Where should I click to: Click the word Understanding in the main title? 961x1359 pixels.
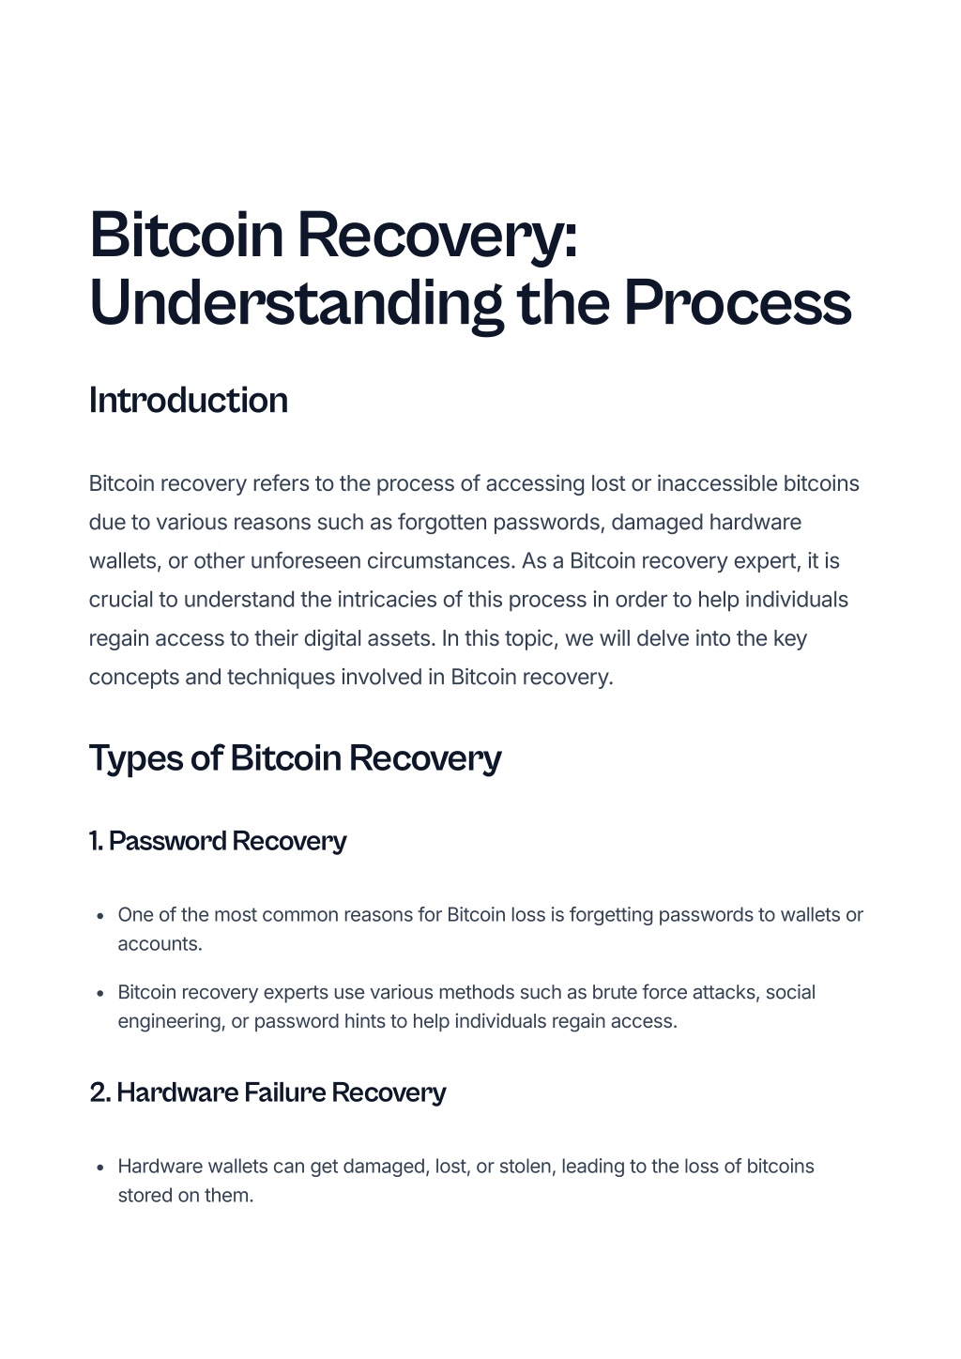(x=296, y=303)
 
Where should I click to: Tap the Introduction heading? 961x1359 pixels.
(x=188, y=401)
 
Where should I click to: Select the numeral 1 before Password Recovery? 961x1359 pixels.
(x=94, y=842)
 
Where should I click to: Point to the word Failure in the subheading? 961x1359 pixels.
(x=285, y=1092)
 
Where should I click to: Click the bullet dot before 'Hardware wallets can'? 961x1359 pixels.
(x=100, y=1168)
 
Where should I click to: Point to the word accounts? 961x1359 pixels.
(x=160, y=944)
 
